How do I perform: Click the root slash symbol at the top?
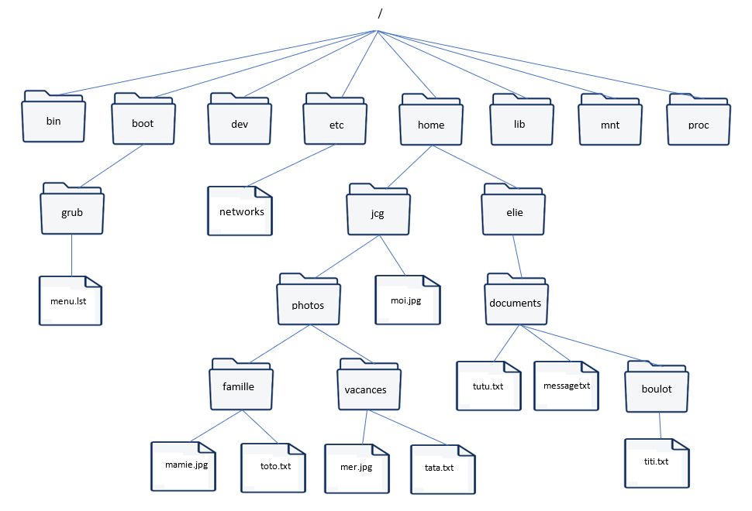[x=380, y=14]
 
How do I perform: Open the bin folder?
[x=53, y=116]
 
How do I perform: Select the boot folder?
[x=143, y=118]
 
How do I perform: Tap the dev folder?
[x=240, y=118]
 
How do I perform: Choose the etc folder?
[x=335, y=118]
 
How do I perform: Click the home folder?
[x=431, y=119]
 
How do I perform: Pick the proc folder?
[x=699, y=119]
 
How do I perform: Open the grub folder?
[x=72, y=208]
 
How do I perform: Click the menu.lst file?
[x=71, y=300]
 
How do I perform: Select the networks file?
[x=240, y=211]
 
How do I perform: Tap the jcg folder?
[x=378, y=209]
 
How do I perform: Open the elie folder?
[x=513, y=209]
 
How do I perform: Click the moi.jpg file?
[x=408, y=300]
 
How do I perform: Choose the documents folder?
[x=516, y=300]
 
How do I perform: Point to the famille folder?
[x=241, y=384]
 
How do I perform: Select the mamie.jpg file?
[x=183, y=466]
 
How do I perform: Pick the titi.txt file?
[x=657, y=463]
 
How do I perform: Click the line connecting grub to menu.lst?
[x=72, y=256]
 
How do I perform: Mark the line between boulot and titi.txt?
[x=660, y=426]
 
